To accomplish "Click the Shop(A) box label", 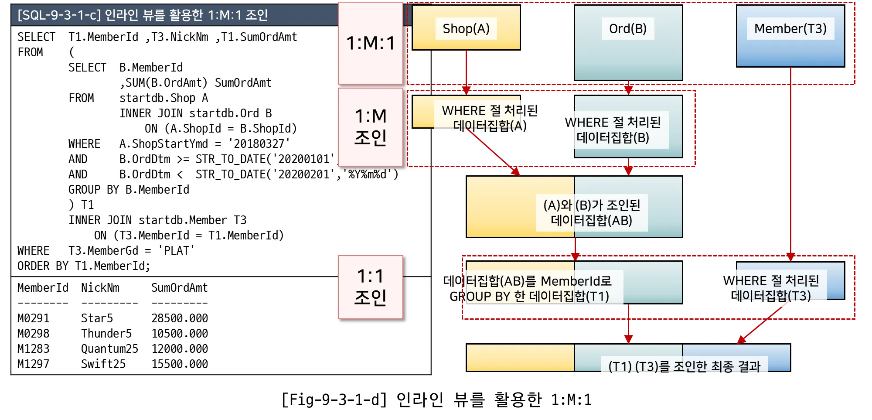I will pos(466,29).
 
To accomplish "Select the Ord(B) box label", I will pos(628,29).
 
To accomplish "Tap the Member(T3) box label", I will pos(790,29).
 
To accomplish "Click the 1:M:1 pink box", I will pos(371,43).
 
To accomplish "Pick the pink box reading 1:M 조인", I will pos(371,126).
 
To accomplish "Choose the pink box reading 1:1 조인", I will pos(371,287).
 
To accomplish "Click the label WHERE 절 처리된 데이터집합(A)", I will pos(490,118).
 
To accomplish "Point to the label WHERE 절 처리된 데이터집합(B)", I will pos(613,130).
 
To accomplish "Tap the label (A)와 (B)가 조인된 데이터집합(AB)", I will pos(592,212).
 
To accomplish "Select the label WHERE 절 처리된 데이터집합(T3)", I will pos(771,288).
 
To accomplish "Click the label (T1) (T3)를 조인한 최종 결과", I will pos(684,367).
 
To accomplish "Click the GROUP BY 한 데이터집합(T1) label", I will pos(529,297).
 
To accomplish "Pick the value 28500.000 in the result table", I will pos(180,318).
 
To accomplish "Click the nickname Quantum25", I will pos(109,349).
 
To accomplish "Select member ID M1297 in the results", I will pos(33,364).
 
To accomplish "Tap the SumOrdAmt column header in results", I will pos(179,288).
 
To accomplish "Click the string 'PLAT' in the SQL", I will pos(176,251).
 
